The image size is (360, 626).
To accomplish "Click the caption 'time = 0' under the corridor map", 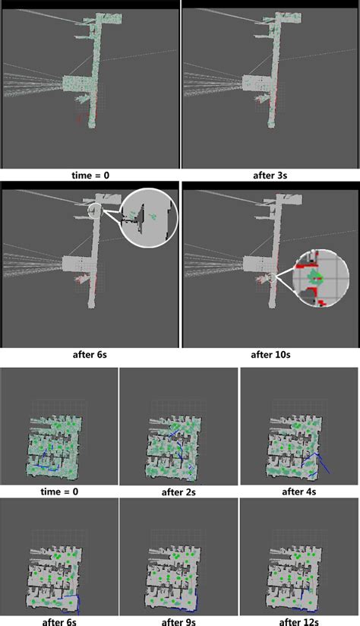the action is (90, 175).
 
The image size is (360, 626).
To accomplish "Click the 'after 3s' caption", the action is (270, 175).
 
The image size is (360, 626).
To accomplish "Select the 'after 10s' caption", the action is (270, 354).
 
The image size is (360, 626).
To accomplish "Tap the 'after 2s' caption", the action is (178, 492).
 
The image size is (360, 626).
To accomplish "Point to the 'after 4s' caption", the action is (299, 492).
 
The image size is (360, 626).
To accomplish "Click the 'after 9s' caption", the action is (178, 621).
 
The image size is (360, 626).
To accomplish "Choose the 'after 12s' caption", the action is (299, 621).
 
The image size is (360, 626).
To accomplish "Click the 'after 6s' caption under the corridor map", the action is (90, 354).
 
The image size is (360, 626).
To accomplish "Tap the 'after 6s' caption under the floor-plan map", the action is (59, 621).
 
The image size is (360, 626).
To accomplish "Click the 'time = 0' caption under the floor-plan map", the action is (59, 492).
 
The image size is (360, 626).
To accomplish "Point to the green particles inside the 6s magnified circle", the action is (153, 216).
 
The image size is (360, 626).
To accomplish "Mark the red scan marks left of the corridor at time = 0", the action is (79, 119).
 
